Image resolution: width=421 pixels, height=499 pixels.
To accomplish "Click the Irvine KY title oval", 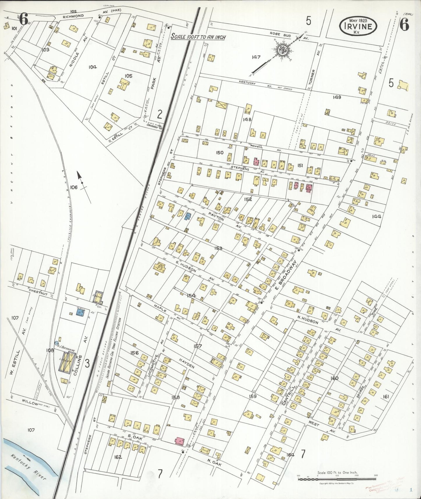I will pyautogui.click(x=358, y=26).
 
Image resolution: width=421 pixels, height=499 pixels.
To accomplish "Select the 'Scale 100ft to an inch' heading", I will pyautogui.click(x=198, y=37).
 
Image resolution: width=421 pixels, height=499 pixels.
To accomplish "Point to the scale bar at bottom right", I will pyautogui.click(x=337, y=479).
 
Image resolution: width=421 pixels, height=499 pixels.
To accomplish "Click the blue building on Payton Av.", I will pyautogui.click(x=188, y=216).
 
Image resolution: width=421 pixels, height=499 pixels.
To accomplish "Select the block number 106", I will pyautogui.click(x=74, y=187).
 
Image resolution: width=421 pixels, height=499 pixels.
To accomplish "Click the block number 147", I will pyautogui.click(x=256, y=57).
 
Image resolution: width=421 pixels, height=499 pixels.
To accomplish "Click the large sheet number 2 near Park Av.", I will pyautogui.click(x=159, y=114).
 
